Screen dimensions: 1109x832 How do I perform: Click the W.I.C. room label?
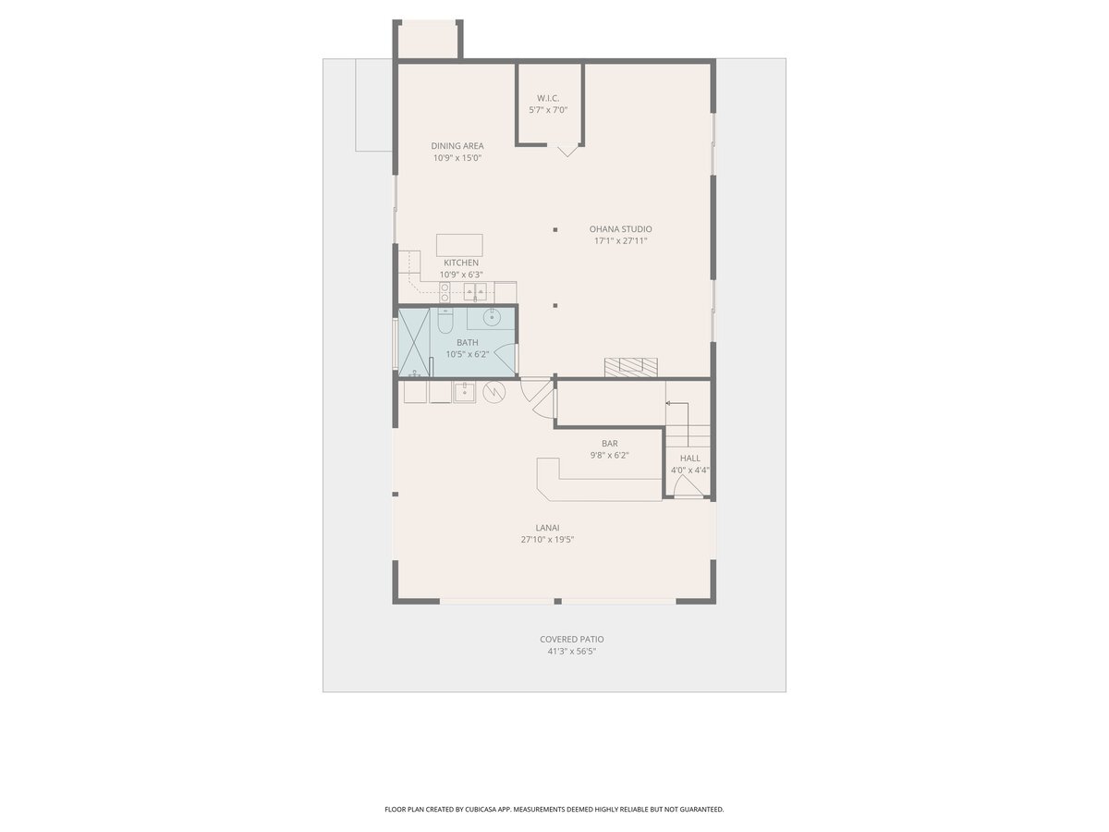pyautogui.click(x=548, y=98)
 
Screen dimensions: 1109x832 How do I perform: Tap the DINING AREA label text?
pyautogui.click(x=457, y=146)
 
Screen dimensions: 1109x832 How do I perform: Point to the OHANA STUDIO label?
pyautogui.click(x=620, y=229)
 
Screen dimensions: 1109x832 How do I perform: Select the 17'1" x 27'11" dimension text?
pyautogui.click(x=620, y=241)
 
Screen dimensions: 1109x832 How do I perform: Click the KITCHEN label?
pyautogui.click(x=461, y=263)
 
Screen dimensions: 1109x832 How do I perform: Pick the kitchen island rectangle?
pyautogui.click(x=459, y=246)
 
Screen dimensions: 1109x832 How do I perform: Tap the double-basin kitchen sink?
pyautogui.click(x=475, y=292)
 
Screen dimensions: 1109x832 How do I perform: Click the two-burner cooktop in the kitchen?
pyautogui.click(x=445, y=292)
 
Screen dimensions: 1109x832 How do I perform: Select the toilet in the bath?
pyautogui.click(x=445, y=322)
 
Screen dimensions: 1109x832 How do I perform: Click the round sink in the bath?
pyautogui.click(x=491, y=318)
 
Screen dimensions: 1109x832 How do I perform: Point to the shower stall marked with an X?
pyautogui.click(x=414, y=342)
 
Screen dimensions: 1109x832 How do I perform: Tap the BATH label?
pyautogui.click(x=468, y=342)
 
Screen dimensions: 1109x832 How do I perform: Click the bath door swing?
pyautogui.click(x=504, y=358)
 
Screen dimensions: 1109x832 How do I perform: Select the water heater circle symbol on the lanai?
pyautogui.click(x=494, y=391)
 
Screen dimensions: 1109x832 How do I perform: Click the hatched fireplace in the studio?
pyautogui.click(x=631, y=367)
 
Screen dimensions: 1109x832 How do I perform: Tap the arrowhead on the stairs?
pyautogui.click(x=668, y=403)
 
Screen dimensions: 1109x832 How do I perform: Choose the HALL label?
pyautogui.click(x=689, y=459)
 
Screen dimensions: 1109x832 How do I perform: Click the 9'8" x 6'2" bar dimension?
pyautogui.click(x=609, y=455)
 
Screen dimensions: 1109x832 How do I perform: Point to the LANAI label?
pyautogui.click(x=548, y=528)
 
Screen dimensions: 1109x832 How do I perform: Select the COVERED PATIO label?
pyautogui.click(x=571, y=639)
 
